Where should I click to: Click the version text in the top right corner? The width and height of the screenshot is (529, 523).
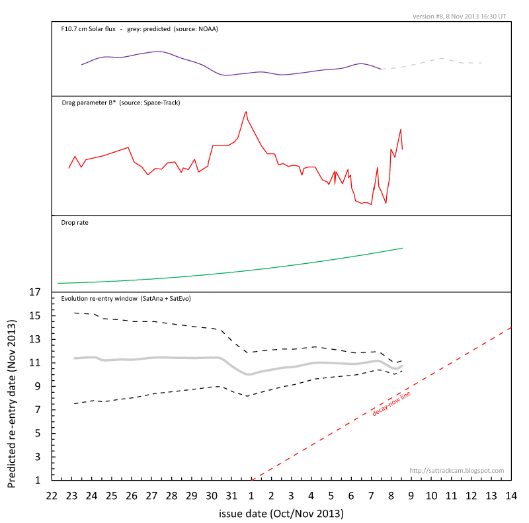[x=460, y=16]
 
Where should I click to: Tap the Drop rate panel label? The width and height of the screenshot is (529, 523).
[x=75, y=223]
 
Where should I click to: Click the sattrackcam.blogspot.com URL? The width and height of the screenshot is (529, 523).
[x=457, y=471]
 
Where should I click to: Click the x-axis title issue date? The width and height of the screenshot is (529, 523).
[x=281, y=512]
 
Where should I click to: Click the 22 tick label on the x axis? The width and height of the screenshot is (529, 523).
[x=52, y=495]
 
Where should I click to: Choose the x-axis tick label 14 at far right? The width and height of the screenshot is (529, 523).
[x=510, y=495]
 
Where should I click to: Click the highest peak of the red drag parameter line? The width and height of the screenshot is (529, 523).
[x=247, y=112]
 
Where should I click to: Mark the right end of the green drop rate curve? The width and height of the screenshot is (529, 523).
[x=402, y=248]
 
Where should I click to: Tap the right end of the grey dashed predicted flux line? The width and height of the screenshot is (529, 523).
[x=483, y=63]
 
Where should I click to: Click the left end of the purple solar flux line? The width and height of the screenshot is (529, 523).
[x=81, y=65]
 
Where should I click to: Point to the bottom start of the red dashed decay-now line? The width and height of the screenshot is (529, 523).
[x=252, y=480]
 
